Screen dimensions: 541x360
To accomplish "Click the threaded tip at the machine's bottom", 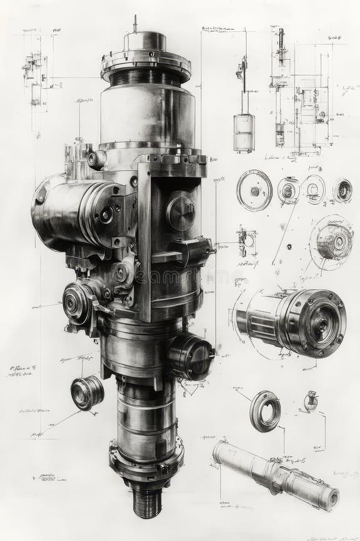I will (x=147, y=504).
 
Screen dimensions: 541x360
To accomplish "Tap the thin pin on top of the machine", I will (x=134, y=24).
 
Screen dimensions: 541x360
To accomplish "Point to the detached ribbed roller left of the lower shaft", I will (x=87, y=392).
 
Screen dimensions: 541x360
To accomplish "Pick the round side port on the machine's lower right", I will (x=191, y=355).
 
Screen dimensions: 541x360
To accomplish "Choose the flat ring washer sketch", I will (x=265, y=411).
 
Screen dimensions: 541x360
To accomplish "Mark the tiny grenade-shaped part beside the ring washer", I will (x=311, y=400).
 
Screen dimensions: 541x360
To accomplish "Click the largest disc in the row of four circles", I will (x=254, y=190).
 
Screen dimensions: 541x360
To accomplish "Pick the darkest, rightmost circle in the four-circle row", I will (x=342, y=190).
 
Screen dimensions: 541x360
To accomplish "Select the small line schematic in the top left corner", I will (x=35, y=78).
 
